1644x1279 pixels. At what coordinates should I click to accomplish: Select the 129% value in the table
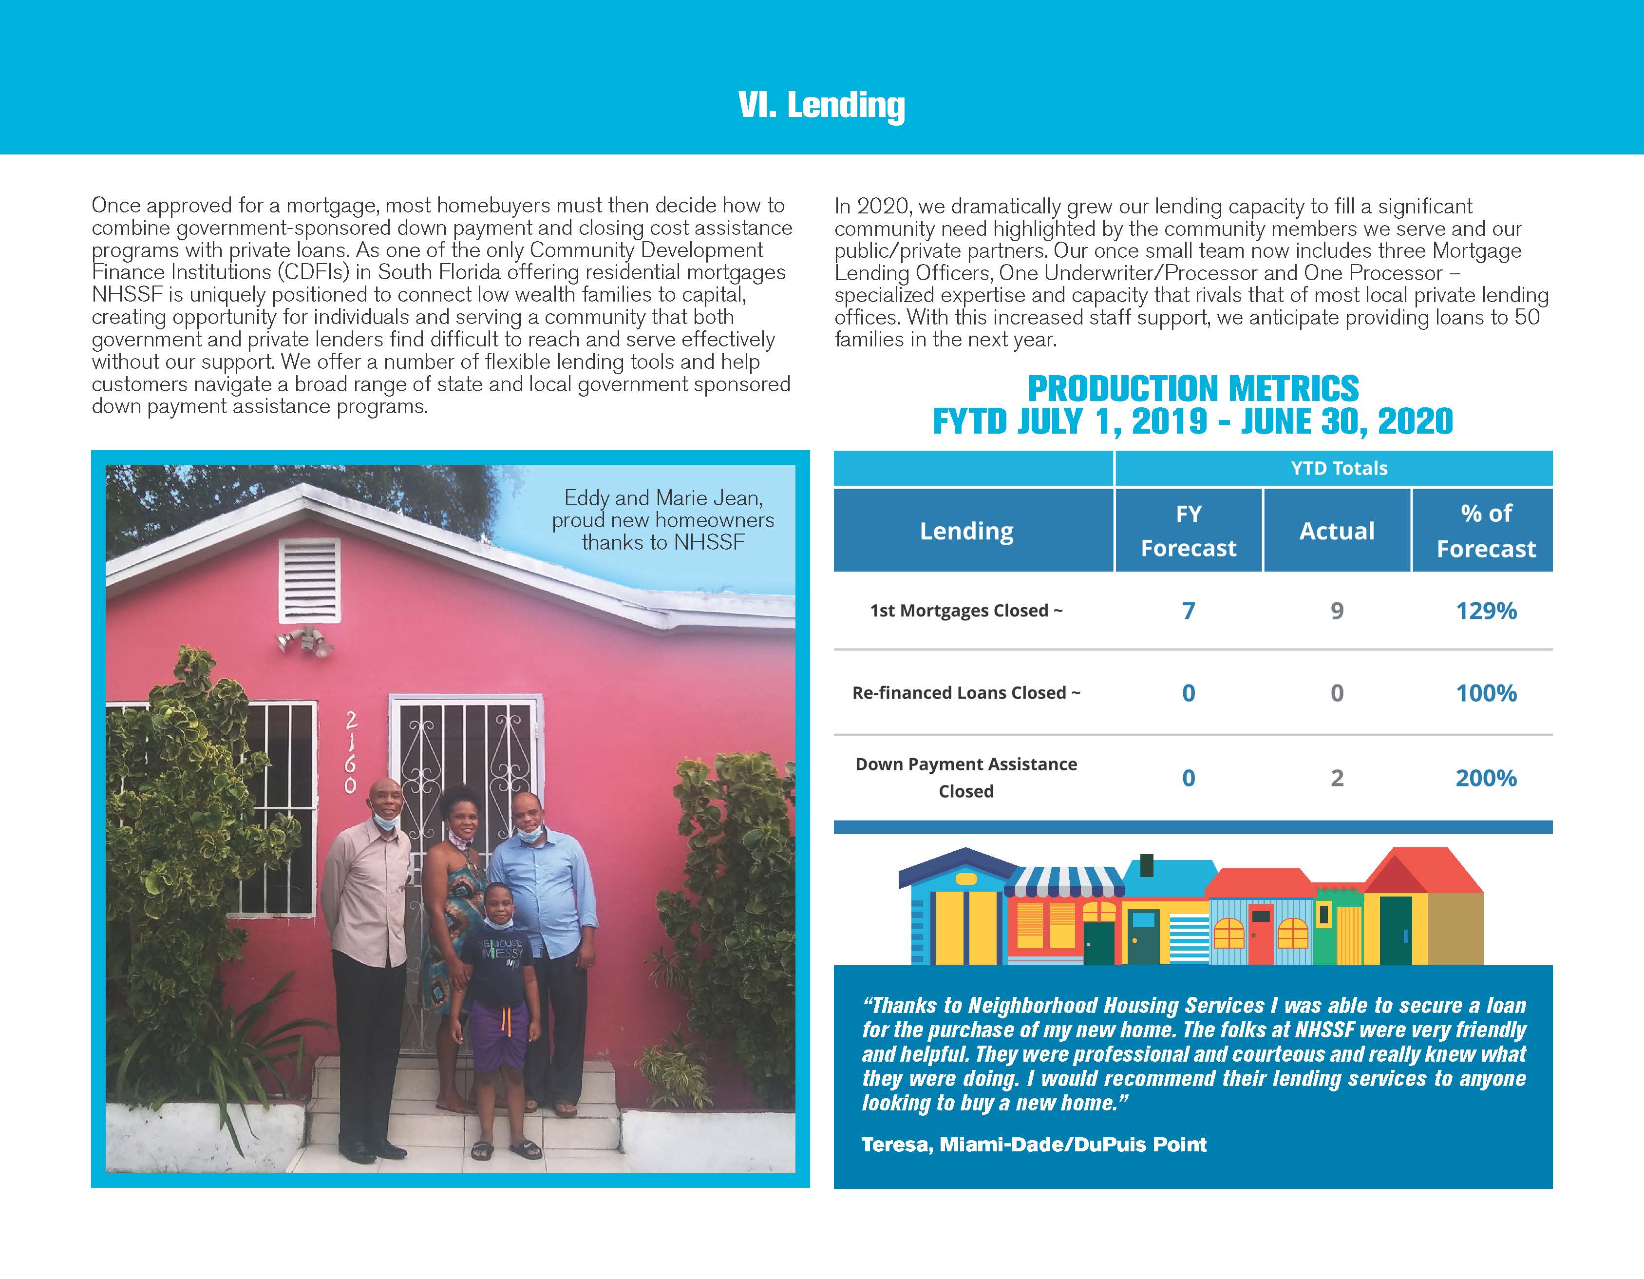[x=1485, y=611]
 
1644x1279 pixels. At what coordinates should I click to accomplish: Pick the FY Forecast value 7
[x=1188, y=611]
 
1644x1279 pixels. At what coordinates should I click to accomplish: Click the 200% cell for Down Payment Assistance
[x=1485, y=778]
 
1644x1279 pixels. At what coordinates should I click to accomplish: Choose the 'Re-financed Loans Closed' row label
[x=966, y=692]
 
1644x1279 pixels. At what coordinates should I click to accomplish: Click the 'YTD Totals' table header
[x=1339, y=468]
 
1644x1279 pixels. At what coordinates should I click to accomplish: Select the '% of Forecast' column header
[x=1485, y=531]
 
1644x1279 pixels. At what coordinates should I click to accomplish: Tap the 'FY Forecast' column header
[x=1188, y=531]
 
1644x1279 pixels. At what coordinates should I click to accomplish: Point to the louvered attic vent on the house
[x=309, y=580]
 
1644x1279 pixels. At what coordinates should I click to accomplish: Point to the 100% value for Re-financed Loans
[x=1485, y=692]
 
